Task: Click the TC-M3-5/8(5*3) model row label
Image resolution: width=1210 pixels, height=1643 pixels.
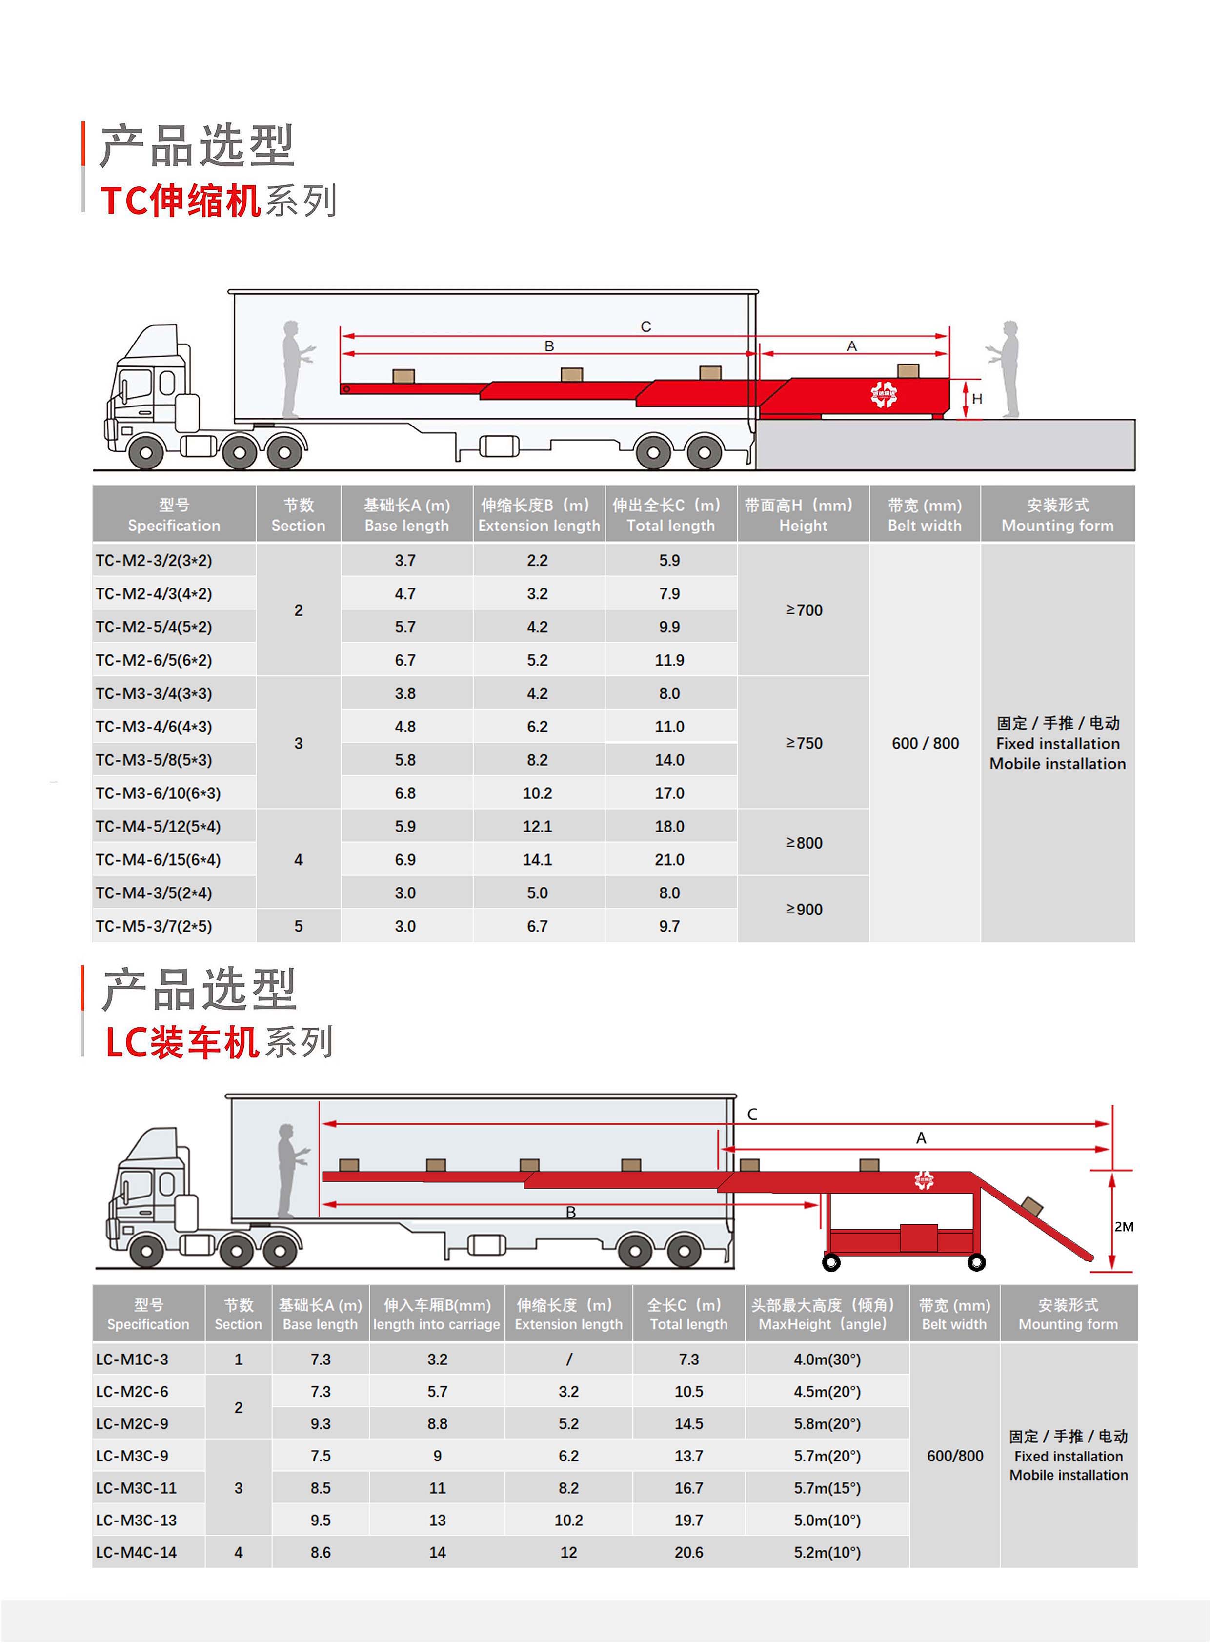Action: [154, 760]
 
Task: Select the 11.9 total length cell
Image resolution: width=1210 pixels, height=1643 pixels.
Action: [669, 660]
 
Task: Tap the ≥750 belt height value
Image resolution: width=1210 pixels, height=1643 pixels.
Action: [804, 743]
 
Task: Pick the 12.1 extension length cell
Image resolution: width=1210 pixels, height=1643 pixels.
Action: [537, 826]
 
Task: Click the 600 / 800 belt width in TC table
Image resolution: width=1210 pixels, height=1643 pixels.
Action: [925, 743]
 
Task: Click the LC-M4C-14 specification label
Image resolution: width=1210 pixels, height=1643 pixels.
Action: [136, 1552]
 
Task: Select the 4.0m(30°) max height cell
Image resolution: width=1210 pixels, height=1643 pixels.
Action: [827, 1359]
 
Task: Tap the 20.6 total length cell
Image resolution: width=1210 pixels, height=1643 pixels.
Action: [688, 1552]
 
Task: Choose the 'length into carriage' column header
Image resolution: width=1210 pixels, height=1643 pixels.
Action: [437, 1324]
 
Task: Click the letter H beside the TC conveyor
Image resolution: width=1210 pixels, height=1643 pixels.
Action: [977, 399]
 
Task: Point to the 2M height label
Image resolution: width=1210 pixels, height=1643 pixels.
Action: [1124, 1227]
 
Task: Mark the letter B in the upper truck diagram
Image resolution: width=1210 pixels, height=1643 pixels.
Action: [549, 346]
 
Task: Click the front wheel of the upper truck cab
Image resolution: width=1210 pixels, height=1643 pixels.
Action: [146, 452]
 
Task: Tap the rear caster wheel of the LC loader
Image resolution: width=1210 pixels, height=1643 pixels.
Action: [976, 1262]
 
